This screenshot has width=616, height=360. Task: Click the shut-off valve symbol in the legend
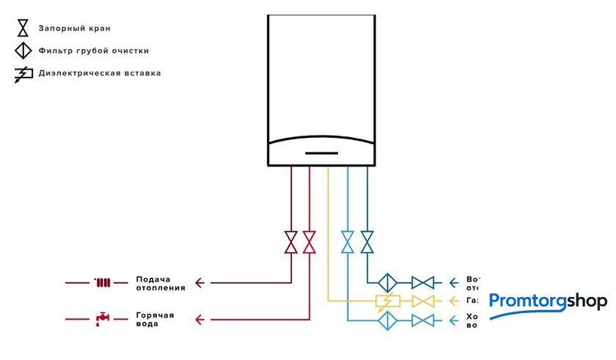click(x=23, y=29)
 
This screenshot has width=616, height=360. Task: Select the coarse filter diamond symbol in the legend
click(x=23, y=51)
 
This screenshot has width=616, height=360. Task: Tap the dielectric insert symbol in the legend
click(x=23, y=74)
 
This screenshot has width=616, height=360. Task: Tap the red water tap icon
click(x=102, y=319)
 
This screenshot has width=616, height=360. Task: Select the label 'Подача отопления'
click(x=160, y=284)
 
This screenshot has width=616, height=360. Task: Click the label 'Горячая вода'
click(x=155, y=320)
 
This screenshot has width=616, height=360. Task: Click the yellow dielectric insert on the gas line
click(x=386, y=301)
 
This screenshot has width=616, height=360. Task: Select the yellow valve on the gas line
click(x=422, y=301)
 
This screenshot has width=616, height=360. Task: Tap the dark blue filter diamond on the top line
click(x=386, y=282)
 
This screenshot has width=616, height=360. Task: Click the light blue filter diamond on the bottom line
click(x=386, y=320)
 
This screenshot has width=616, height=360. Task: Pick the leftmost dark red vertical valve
click(x=291, y=242)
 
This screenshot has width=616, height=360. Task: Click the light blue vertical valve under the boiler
click(x=348, y=242)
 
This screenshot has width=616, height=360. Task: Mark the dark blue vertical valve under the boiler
click(x=367, y=242)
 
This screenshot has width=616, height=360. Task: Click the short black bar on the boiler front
click(x=321, y=154)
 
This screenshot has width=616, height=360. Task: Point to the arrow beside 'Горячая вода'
click(x=199, y=320)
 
